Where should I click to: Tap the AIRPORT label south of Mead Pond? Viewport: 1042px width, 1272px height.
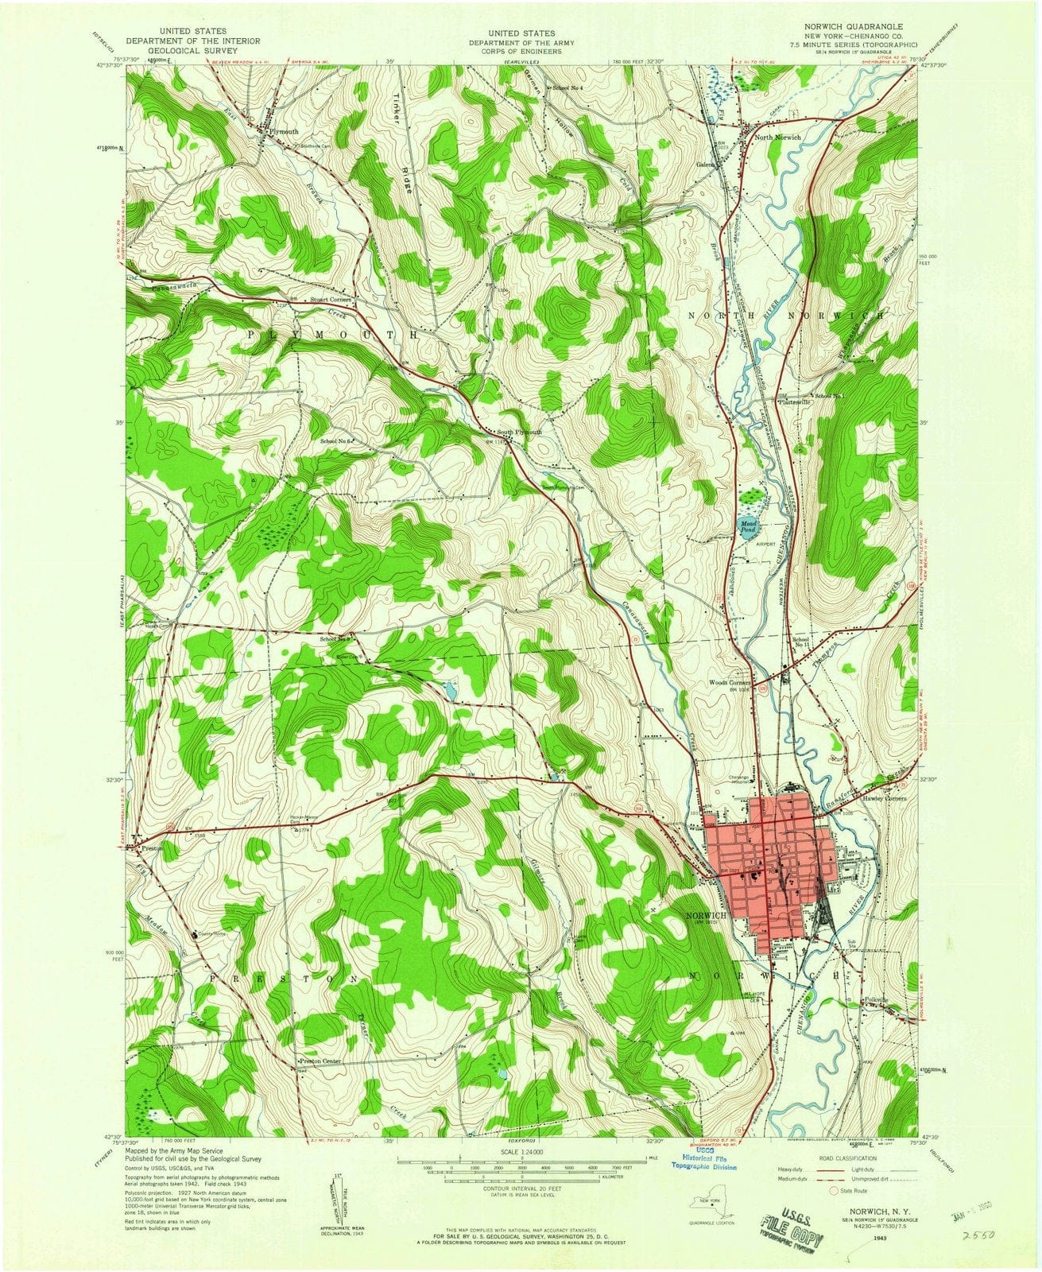765,545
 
